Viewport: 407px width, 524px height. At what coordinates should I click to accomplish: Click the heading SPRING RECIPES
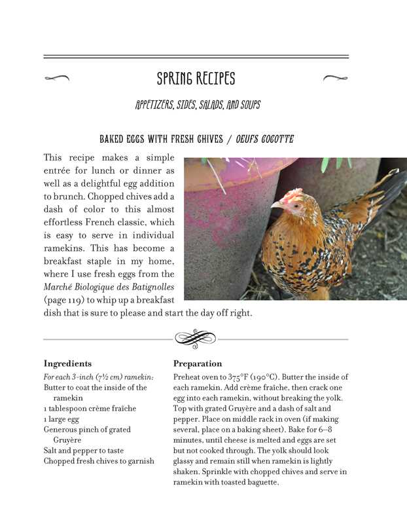pyautogui.click(x=196, y=79)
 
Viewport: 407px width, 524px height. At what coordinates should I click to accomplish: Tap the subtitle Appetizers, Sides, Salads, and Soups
pyautogui.click(x=198, y=105)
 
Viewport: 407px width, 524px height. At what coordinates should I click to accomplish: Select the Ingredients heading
pyautogui.click(x=67, y=364)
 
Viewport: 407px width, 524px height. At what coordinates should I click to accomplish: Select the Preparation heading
pyautogui.click(x=198, y=364)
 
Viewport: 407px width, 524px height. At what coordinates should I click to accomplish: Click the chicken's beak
pyautogui.click(x=275, y=205)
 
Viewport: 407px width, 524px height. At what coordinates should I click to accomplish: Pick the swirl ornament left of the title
pyautogui.click(x=57, y=79)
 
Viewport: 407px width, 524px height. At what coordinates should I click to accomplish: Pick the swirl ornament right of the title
pyautogui.click(x=335, y=79)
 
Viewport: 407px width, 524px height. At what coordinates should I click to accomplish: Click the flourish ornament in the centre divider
pyautogui.click(x=195, y=338)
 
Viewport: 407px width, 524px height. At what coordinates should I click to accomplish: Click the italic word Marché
pyautogui.click(x=58, y=286)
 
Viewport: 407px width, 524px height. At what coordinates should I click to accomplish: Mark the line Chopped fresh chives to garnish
pyautogui.click(x=99, y=460)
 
